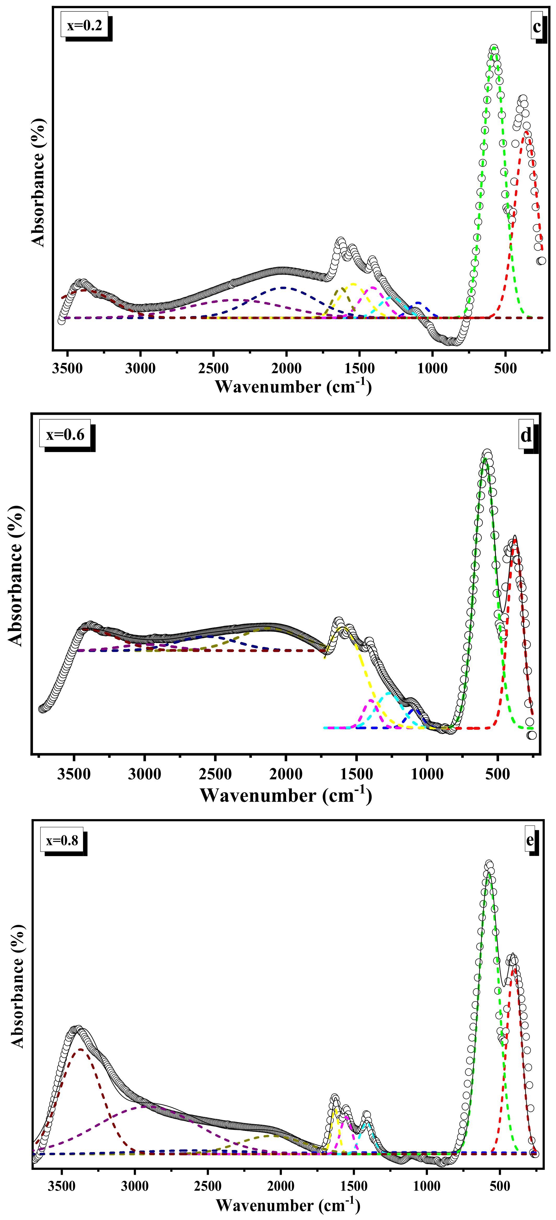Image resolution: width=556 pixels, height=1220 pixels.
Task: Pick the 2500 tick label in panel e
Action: [208, 1186]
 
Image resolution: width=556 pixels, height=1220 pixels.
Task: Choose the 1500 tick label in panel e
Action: [354, 1186]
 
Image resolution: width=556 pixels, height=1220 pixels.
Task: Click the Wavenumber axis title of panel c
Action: [293, 387]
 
